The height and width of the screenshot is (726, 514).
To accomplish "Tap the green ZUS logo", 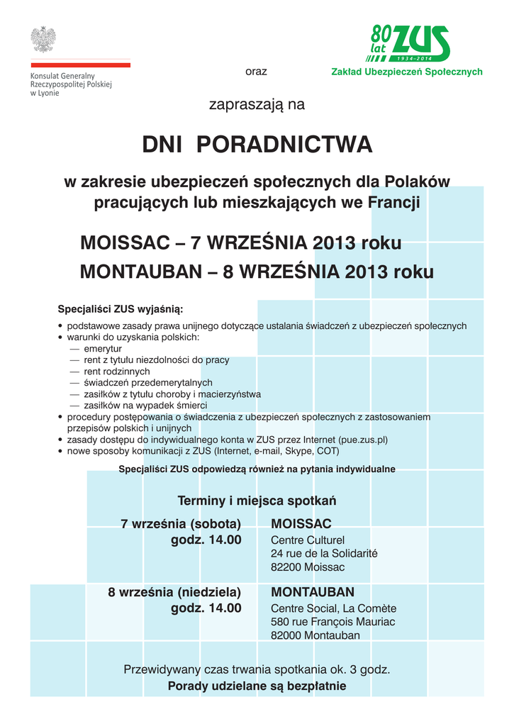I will [409, 44].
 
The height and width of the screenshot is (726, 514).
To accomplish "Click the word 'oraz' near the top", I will [256, 72].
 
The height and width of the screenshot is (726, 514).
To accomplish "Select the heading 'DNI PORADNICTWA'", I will [257, 145].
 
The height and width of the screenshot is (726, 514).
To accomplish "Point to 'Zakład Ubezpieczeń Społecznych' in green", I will [406, 72].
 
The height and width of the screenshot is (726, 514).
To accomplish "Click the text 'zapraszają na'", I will [256, 105].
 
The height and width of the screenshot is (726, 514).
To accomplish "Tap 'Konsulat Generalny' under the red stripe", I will [62, 76].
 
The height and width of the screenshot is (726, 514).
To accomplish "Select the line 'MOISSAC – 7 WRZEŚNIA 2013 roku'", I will [241, 243].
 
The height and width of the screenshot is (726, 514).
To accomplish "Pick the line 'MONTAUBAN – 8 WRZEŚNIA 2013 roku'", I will [257, 272].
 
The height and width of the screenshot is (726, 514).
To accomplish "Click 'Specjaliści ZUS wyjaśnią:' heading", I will [120, 309].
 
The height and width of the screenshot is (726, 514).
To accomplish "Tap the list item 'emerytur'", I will [103, 349].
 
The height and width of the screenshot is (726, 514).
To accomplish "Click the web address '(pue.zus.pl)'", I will [363, 440].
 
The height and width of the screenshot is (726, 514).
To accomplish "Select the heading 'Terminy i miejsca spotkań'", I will [257, 501].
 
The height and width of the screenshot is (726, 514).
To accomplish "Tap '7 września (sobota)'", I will [181, 524].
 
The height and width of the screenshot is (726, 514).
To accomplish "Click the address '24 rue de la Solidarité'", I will [324, 553].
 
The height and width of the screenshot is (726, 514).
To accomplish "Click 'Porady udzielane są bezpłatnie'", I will [257, 686].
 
